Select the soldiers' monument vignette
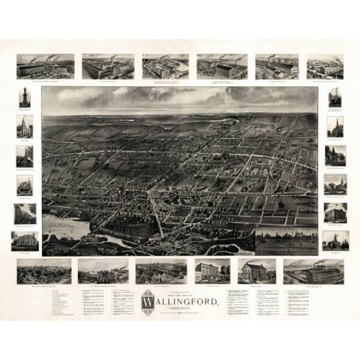pos(25,98)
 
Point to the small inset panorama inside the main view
pos(287,240)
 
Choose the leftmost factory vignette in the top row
pos(46,67)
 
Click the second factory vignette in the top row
pos(107,67)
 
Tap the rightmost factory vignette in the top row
pos(325,67)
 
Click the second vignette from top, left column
pos(25,127)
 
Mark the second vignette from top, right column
pos(335,127)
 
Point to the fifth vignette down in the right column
pos(335,212)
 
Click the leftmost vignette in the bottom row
pos(44,271)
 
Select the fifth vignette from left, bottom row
pos(257,271)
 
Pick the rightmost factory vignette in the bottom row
pos(314,271)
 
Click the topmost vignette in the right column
pos(335,98)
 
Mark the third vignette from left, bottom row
pos(160,271)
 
